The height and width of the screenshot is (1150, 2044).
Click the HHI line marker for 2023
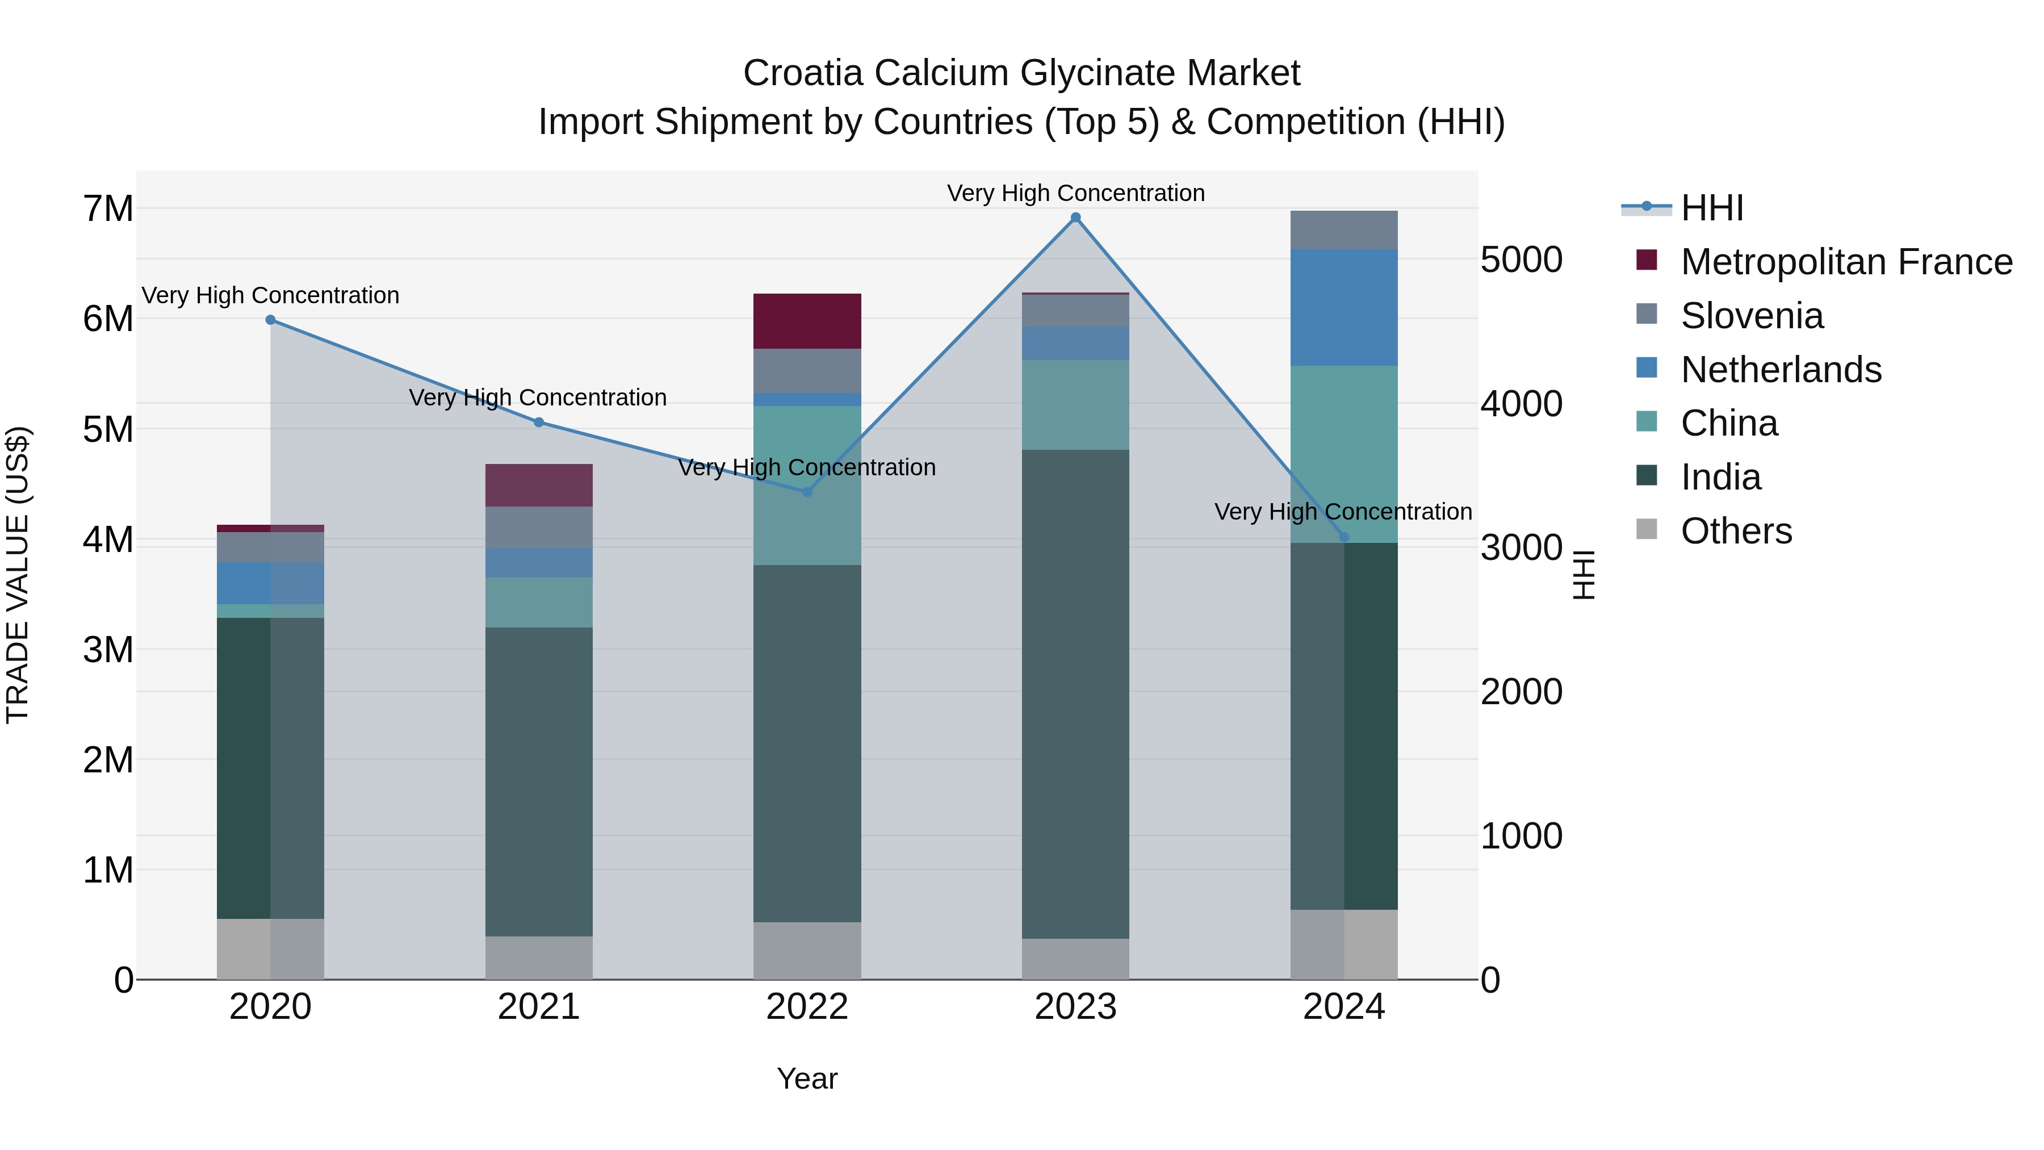[1075, 218]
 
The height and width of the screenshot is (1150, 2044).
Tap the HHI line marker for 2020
[271, 320]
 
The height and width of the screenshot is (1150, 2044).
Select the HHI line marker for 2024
[1343, 537]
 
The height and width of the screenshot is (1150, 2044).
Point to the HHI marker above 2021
[539, 422]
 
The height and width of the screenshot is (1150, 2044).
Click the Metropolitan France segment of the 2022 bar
[807, 321]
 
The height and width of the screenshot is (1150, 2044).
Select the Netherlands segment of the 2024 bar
[1343, 308]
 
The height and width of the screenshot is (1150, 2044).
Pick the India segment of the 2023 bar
[1075, 695]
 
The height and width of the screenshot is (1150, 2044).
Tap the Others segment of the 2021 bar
[539, 958]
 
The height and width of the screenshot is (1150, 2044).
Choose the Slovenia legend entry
[1751, 316]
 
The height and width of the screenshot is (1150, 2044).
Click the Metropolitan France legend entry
[1846, 262]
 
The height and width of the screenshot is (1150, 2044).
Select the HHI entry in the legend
[1711, 208]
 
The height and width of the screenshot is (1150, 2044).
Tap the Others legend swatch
[1647, 529]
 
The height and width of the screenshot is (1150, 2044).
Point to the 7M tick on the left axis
[108, 209]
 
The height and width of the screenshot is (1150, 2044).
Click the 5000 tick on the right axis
[1521, 260]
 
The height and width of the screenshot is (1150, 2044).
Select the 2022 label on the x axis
[807, 1007]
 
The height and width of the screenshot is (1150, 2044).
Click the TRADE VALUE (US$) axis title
[18, 575]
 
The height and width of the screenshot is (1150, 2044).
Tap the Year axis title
[807, 1078]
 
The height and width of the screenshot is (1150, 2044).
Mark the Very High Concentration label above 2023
[1075, 193]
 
